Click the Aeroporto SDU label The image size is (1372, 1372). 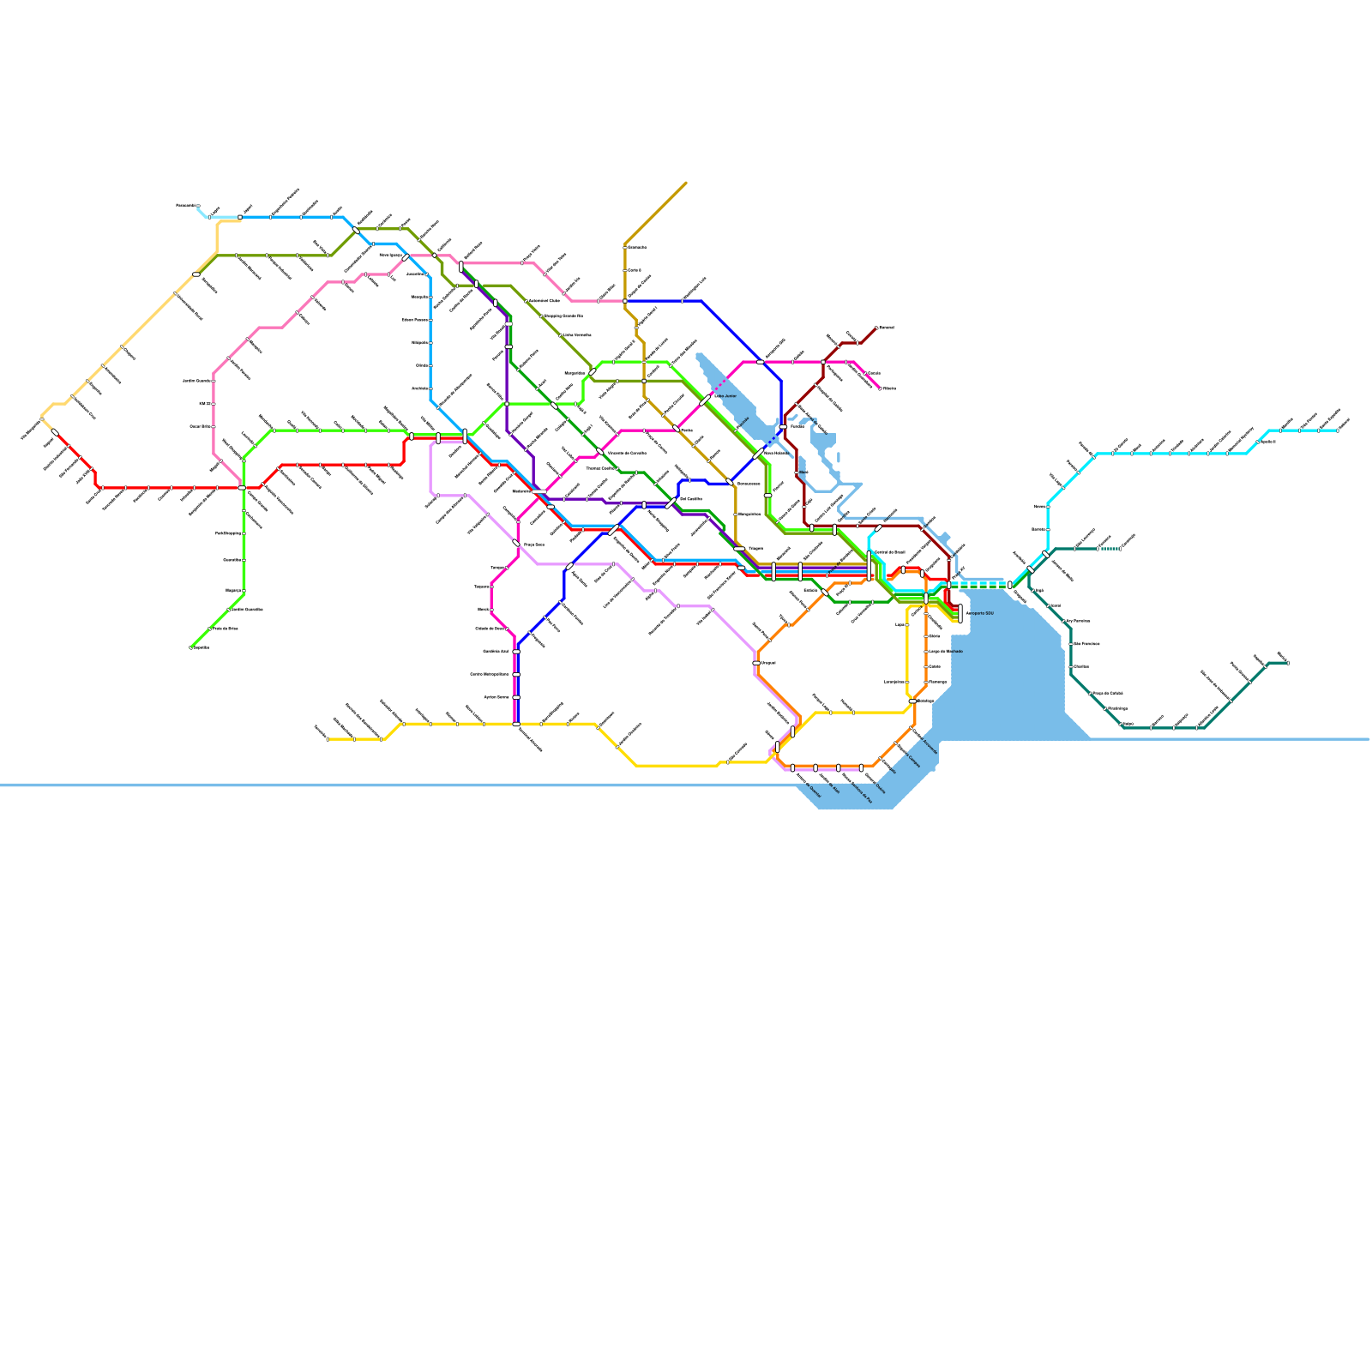[x=979, y=613]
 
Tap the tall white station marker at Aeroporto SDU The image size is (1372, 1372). [x=960, y=612]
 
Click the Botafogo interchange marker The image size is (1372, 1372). [x=912, y=701]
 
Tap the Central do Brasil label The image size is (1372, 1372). [x=888, y=552]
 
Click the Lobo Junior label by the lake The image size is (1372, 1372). [x=725, y=396]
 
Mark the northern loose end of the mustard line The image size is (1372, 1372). [x=686, y=183]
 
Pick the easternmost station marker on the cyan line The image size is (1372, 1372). [x=1337, y=430]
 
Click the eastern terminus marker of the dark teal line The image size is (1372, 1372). [x=1287, y=663]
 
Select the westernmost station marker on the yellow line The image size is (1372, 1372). [x=328, y=738]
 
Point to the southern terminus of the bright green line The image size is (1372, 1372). [x=190, y=647]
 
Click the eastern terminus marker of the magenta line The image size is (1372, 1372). [x=880, y=388]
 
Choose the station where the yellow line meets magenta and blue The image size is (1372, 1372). [x=516, y=725]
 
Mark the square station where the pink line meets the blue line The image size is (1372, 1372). [x=625, y=301]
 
